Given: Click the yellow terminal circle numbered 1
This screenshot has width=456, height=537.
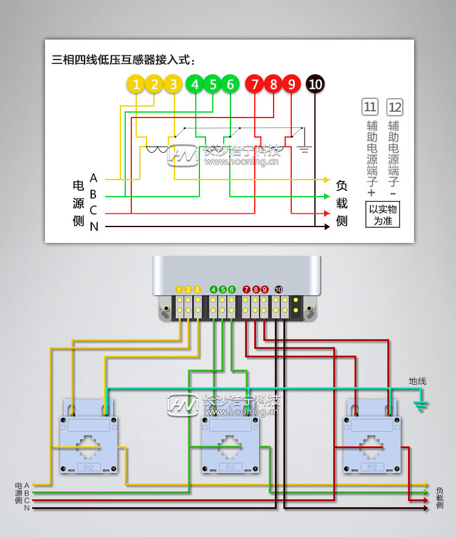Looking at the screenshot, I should pyautogui.click(x=137, y=85).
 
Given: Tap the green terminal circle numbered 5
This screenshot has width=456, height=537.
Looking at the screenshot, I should pyautogui.click(x=213, y=85).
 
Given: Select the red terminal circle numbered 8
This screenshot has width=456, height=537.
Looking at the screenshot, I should pyautogui.click(x=273, y=85).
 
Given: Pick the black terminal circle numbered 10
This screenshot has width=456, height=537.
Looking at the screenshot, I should pyautogui.click(x=315, y=85).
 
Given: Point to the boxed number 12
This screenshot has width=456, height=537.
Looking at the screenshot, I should pyautogui.click(x=395, y=108).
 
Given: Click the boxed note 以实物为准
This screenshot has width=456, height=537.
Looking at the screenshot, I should pyautogui.click(x=382, y=215).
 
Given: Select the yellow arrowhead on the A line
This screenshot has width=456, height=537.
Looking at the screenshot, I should pyautogui.click(x=326, y=180).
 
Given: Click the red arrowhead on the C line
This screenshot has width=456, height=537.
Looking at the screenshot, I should pyautogui.click(x=326, y=213).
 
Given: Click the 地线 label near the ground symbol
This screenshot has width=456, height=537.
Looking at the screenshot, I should pyautogui.click(x=417, y=381).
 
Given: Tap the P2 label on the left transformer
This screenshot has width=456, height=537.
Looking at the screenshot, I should pyautogui.click(x=88, y=467).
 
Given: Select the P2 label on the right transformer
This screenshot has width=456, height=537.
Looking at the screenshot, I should pyautogui.click(x=372, y=467).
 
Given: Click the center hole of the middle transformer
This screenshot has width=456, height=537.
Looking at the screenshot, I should pyautogui.click(x=230, y=446).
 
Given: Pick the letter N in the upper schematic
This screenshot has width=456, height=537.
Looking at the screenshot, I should pyautogui.click(x=94, y=227).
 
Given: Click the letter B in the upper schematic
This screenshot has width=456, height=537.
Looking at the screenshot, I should pyautogui.click(x=93, y=195).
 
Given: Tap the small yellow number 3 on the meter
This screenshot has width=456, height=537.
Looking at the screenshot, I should pyautogui.click(x=197, y=289).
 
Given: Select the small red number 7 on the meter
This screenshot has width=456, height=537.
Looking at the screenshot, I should pyautogui.click(x=246, y=289).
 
